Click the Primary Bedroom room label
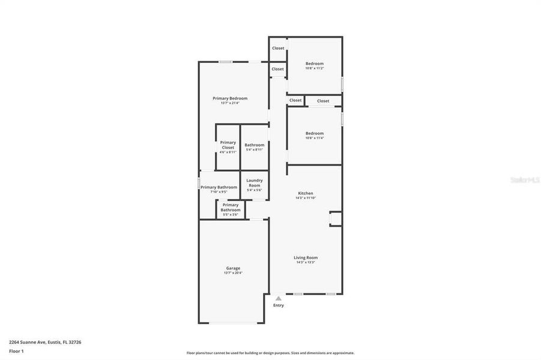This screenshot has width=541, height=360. [230, 98]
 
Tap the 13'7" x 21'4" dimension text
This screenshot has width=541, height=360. [230, 103]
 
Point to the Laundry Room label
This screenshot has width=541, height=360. [255, 182]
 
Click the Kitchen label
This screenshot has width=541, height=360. [306, 193]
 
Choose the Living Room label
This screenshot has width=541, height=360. [306, 257]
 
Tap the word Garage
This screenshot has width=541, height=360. [233, 268]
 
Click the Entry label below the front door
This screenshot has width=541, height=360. [279, 305]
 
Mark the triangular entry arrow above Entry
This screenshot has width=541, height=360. [278, 298]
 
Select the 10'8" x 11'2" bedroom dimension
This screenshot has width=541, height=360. [315, 68]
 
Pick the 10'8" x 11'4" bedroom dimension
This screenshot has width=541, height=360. [315, 138]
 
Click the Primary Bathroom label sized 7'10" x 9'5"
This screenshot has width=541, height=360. [219, 187]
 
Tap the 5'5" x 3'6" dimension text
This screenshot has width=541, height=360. [231, 214]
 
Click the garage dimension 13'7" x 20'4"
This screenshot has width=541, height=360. [233, 273]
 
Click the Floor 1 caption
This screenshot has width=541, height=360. [16, 351]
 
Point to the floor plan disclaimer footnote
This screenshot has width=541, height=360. [270, 353]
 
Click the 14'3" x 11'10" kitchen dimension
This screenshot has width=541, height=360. [306, 198]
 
